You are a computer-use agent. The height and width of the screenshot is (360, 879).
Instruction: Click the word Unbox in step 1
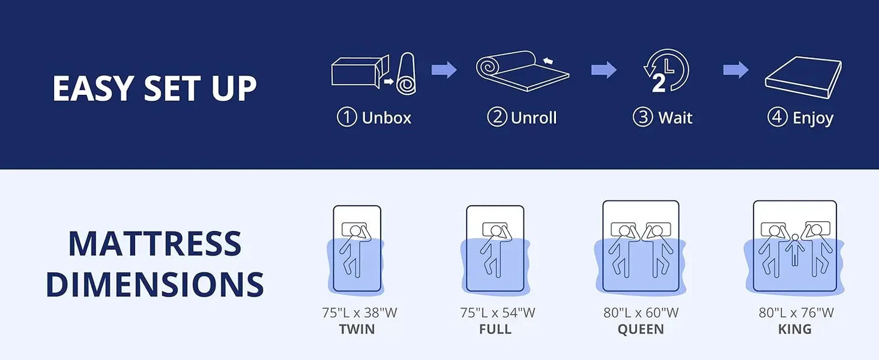pyautogui.click(x=386, y=117)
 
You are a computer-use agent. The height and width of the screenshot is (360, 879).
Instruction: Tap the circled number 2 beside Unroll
pyautogui.click(x=497, y=117)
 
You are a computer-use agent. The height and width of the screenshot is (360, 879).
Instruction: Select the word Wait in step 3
pyautogui.click(x=675, y=117)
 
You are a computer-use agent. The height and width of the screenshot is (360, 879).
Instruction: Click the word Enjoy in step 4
pyautogui.click(x=813, y=117)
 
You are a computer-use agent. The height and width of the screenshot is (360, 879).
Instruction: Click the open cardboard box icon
pyautogui.click(x=359, y=71)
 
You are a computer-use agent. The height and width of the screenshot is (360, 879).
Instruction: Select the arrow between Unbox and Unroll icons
pyautogui.click(x=444, y=70)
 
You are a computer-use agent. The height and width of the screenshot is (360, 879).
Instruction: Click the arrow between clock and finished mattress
pyautogui.click(x=735, y=70)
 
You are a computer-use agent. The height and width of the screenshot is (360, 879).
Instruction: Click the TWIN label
pyautogui.click(x=356, y=330)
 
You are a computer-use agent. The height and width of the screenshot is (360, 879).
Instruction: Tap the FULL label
pyautogui.click(x=495, y=330)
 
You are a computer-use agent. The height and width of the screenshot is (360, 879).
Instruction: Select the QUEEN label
pyautogui.click(x=641, y=330)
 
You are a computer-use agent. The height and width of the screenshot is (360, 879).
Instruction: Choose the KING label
pyautogui.click(x=794, y=330)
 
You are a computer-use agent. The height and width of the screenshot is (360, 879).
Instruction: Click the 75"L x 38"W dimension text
pyautogui.click(x=360, y=313)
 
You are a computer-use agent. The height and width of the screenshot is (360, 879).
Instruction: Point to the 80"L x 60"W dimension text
pyautogui.click(x=641, y=313)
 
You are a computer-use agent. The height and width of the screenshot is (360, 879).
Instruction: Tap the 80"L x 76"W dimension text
pyautogui.click(x=796, y=313)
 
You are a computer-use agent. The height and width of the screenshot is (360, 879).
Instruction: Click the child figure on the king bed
pyautogui.click(x=793, y=249)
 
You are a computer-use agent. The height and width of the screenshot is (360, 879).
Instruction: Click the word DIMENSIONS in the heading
pyautogui.click(x=155, y=284)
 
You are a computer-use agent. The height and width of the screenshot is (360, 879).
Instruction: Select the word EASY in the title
pyautogui.click(x=91, y=88)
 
